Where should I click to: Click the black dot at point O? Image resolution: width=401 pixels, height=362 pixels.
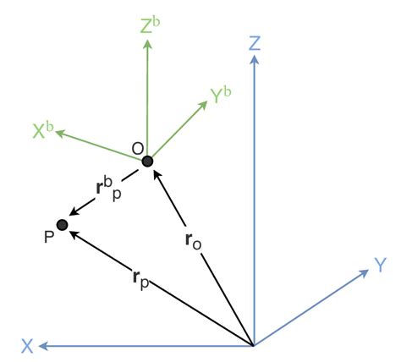coord(147,161)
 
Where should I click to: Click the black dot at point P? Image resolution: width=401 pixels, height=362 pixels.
coord(62,224)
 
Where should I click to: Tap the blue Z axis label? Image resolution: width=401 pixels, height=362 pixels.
coord(254,42)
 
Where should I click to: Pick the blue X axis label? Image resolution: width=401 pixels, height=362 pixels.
coord(28,345)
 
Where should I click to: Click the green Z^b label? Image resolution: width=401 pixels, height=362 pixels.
coord(149,25)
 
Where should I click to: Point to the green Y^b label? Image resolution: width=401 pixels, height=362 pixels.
coord(221,96)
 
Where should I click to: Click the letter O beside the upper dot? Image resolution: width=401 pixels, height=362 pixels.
coord(137,149)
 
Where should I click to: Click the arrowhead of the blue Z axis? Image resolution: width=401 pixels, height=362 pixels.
coord(254,61)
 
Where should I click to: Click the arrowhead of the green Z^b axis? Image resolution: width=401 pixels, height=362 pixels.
coord(147,44)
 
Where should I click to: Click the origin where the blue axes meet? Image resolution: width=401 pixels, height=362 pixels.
coord(254,345)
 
